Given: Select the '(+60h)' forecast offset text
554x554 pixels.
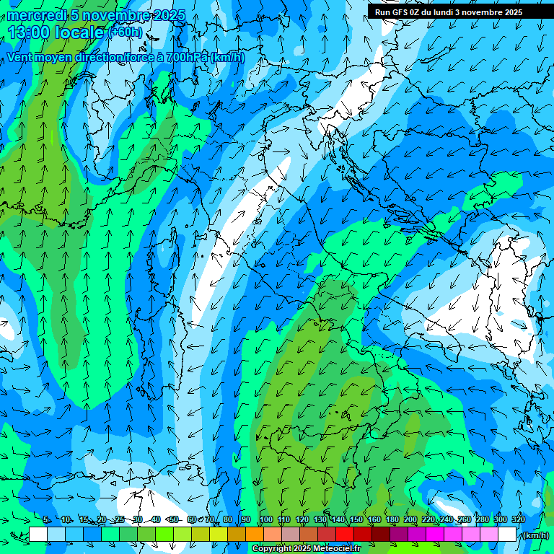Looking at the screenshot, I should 126,32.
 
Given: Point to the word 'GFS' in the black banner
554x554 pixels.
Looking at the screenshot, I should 403,12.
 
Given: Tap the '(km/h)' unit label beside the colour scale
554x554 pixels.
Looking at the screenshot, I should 535,535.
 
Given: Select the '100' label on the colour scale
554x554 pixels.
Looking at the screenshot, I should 266,519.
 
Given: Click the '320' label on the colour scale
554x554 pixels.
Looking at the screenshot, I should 518,519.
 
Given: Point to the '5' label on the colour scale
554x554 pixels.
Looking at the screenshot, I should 46,519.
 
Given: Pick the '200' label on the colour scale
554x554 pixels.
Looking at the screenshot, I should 410,519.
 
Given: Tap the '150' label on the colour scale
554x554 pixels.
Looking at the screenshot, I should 356,519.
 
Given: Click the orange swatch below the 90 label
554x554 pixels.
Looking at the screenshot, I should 255,535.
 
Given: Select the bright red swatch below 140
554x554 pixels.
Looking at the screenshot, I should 345,535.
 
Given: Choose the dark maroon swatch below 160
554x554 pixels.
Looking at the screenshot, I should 381,535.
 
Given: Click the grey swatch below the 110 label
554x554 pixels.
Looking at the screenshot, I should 291,535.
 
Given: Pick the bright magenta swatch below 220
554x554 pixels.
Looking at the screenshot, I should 435,535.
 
